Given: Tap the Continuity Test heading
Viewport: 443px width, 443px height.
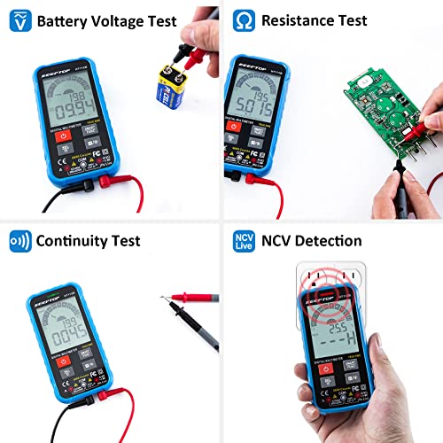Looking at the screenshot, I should click(x=87, y=240).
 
